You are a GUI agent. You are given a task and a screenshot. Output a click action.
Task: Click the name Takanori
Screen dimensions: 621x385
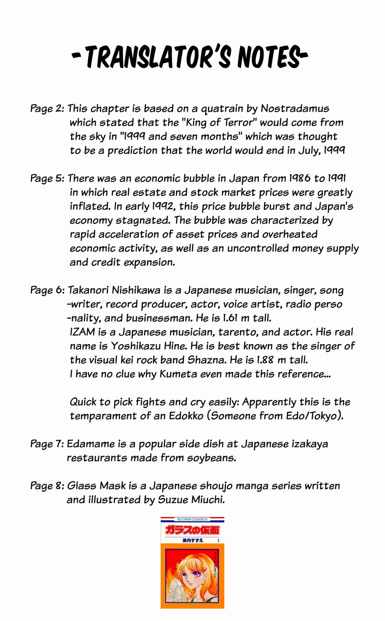[88, 290]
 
